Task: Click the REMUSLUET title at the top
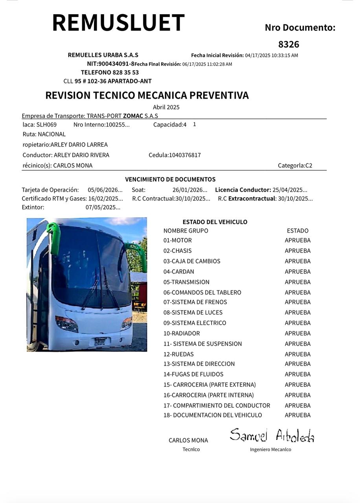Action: (118, 22)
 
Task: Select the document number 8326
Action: (288, 44)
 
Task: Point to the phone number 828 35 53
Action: (125, 73)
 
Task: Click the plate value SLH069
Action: (46, 125)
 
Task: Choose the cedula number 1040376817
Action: (185, 155)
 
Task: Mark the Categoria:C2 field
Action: (295, 165)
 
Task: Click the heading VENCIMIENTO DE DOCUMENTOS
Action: (170, 180)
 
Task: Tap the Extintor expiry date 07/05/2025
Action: (103, 207)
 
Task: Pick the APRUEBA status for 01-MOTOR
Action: (298, 240)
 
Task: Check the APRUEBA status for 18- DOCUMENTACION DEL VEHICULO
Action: (298, 415)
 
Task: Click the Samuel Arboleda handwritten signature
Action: (272, 435)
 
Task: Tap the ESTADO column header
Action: (298, 231)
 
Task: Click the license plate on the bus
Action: (100, 341)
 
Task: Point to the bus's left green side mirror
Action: (54, 237)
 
